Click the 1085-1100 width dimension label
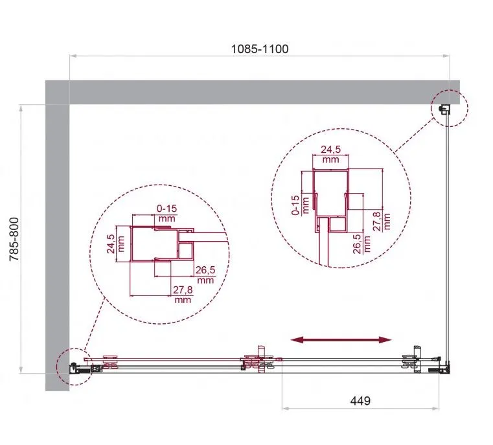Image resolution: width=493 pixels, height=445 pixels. click(x=260, y=49)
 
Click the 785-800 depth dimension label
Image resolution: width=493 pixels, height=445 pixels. click(x=15, y=239)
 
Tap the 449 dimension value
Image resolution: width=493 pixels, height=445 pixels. click(x=360, y=401)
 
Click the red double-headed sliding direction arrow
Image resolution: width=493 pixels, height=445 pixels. click(x=341, y=339)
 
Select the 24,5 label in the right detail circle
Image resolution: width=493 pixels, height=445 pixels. click(x=331, y=149)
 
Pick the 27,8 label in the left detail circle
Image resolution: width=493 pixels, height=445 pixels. click(x=183, y=290)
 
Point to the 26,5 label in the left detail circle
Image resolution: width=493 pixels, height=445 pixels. click(x=205, y=270)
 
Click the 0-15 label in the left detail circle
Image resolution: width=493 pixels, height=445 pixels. click(x=166, y=209)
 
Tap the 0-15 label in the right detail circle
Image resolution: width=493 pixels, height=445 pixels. click(x=295, y=205)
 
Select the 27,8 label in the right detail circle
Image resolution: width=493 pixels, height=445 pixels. click(x=377, y=222)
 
